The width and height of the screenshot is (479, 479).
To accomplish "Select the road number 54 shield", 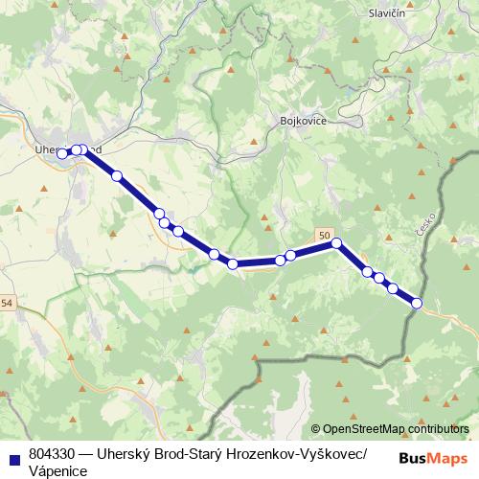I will [x=8, y=304].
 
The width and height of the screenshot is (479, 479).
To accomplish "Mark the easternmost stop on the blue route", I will [x=417, y=304].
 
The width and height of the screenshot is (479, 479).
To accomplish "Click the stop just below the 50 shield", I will [x=336, y=244].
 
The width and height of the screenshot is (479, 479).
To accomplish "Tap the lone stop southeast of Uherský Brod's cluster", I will [x=117, y=176].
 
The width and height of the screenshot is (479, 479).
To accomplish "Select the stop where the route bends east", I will [x=233, y=263].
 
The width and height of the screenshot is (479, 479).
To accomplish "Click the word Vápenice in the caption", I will [x=58, y=471].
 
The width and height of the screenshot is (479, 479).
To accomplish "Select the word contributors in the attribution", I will [x=439, y=429].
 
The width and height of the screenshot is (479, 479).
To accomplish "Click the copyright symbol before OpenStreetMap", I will [x=316, y=429].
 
